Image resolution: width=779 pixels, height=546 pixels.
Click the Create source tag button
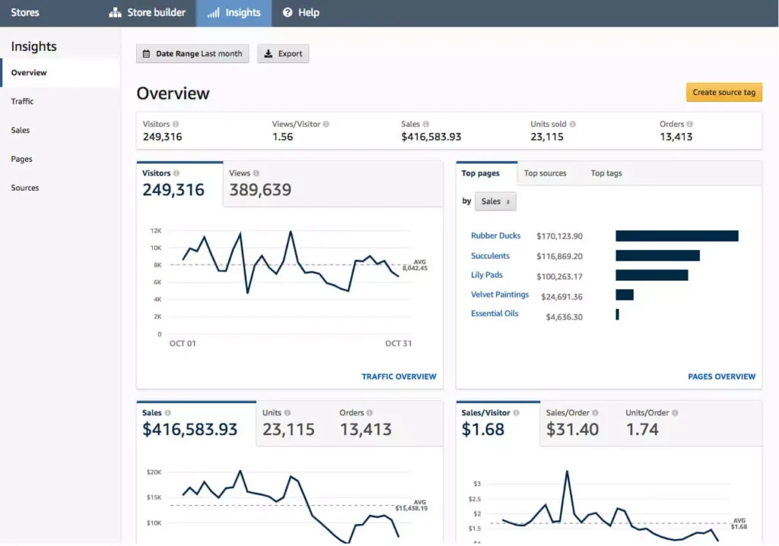[x=723, y=93]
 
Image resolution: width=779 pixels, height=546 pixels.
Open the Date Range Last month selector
[x=192, y=54]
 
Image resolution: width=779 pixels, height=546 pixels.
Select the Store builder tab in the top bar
[x=148, y=13]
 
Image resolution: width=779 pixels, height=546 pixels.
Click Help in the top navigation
[x=300, y=13]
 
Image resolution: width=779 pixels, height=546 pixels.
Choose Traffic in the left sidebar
[x=23, y=101]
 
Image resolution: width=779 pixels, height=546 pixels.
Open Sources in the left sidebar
[x=25, y=188]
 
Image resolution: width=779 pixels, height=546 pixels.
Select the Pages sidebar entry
[x=22, y=159]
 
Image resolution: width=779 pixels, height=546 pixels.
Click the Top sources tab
[x=545, y=173]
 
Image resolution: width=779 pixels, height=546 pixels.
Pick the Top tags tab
[x=606, y=173]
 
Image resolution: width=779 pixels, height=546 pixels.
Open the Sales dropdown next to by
[x=495, y=202]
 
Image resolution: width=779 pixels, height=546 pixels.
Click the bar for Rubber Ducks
[x=676, y=236]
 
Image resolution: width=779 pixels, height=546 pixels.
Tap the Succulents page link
[x=490, y=256]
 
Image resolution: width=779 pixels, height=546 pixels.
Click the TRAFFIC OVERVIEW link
[x=399, y=376]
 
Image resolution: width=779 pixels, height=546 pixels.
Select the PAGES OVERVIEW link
[x=721, y=376]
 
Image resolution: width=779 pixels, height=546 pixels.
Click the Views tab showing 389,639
[x=260, y=184]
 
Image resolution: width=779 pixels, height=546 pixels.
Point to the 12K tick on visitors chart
[x=155, y=230]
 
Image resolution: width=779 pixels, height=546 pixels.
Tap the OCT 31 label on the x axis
[x=398, y=344]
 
